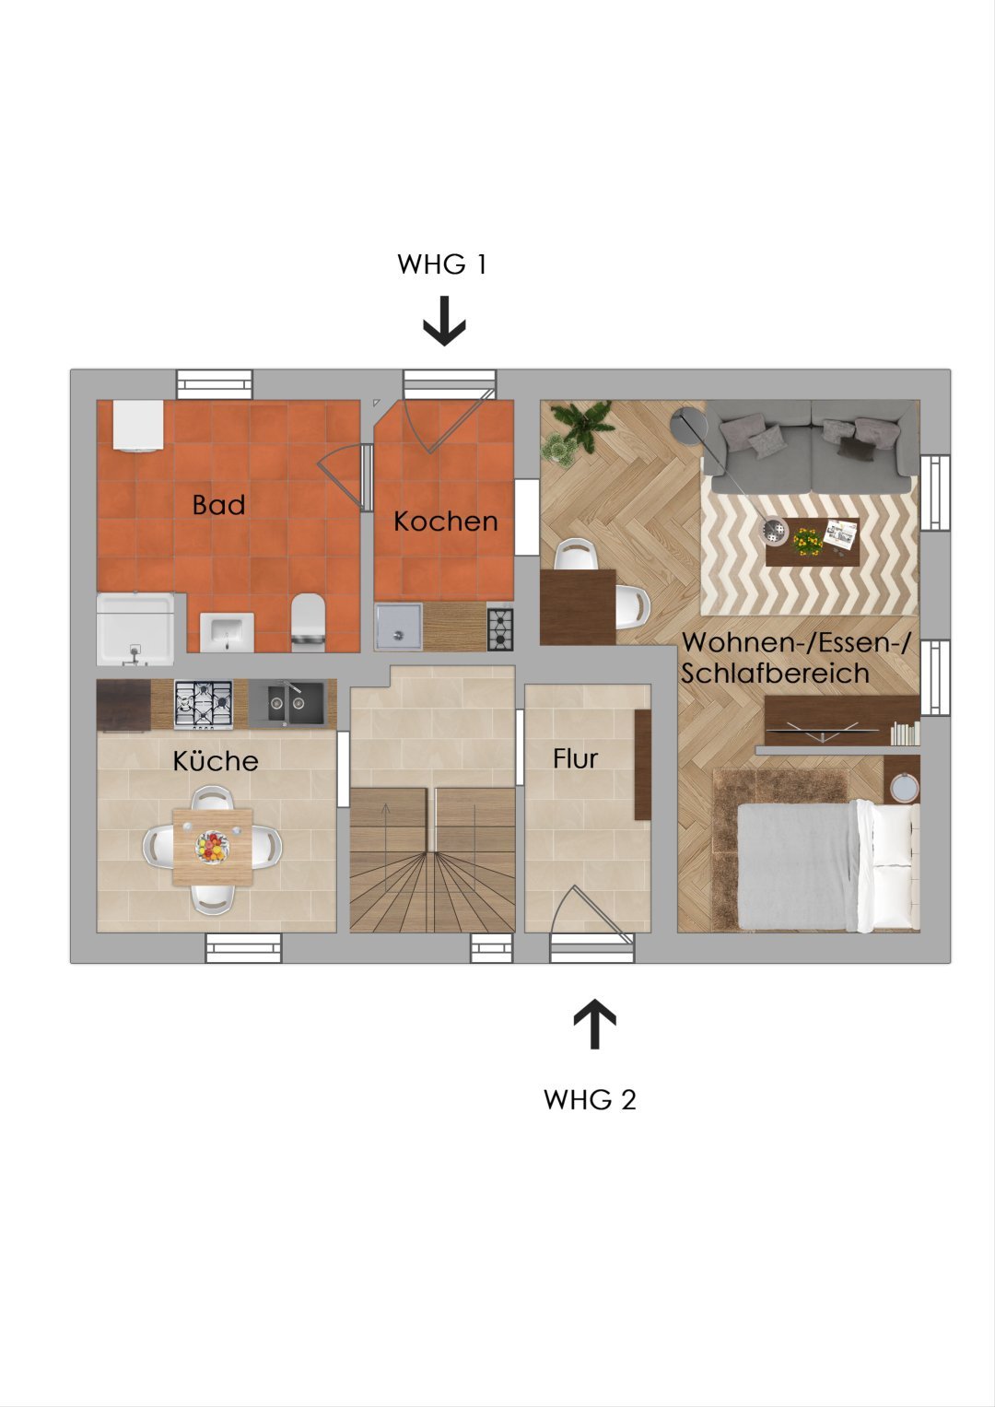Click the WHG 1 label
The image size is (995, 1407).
click(x=442, y=264)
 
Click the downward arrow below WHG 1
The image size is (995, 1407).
click(x=444, y=321)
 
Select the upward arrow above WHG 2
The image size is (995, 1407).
click(x=594, y=1023)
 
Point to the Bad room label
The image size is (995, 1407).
click(x=218, y=505)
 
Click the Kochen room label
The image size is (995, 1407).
click(x=445, y=522)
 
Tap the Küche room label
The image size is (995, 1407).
click(x=216, y=761)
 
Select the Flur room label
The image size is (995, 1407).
click(x=575, y=758)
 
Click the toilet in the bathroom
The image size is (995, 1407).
click(x=309, y=621)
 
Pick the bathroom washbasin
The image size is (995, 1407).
click(x=227, y=632)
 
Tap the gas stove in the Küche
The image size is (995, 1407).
click(x=203, y=705)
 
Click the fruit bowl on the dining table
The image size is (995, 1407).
click(x=212, y=847)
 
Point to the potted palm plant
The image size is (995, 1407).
click(x=582, y=429)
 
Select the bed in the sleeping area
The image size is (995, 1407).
click(x=828, y=865)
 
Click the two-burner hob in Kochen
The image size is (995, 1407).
click(x=500, y=629)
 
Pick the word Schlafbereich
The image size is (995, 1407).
click(x=775, y=674)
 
